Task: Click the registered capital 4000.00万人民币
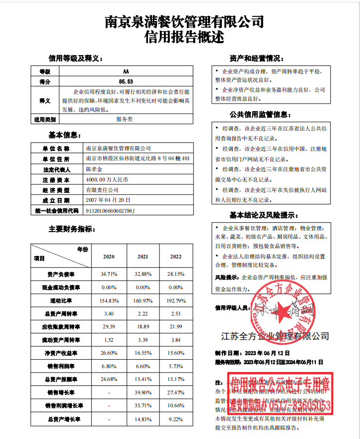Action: tap(107, 180)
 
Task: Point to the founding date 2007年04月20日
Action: tap(108, 200)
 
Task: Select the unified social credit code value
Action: tap(110, 211)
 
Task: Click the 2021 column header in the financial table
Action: tap(143, 257)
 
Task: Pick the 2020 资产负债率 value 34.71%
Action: tap(109, 274)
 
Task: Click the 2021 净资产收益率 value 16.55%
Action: tap(143, 353)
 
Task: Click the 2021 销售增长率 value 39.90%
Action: tap(143, 392)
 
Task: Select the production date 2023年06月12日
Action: tap(265, 353)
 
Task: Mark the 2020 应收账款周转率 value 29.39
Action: tap(109, 326)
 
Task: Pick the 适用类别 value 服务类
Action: tap(124, 120)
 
